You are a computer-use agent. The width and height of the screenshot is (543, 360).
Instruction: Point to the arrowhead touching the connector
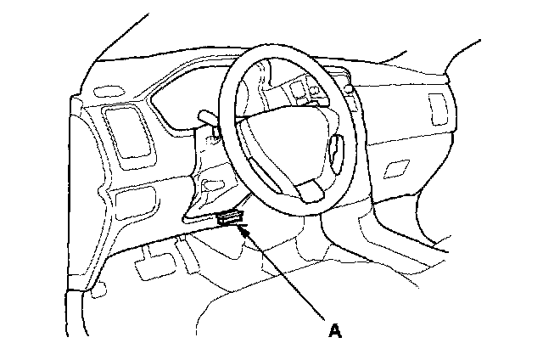pyautogui.click(x=243, y=227)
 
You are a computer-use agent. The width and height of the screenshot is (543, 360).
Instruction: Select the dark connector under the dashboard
pyautogui.click(x=230, y=217)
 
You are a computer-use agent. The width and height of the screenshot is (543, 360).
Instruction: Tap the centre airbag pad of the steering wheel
pyautogui.click(x=280, y=136)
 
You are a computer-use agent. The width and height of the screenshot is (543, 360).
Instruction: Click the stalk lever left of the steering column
pyautogui.click(x=208, y=114)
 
